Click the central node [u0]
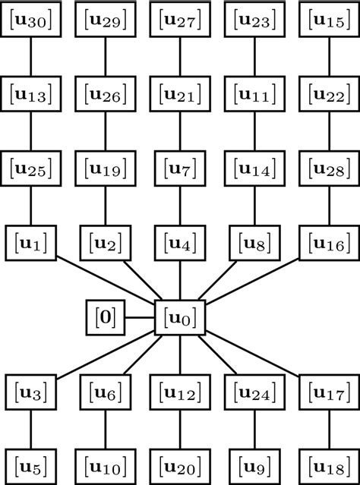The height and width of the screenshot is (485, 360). tap(180, 317)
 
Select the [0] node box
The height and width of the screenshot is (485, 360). tap(106, 317)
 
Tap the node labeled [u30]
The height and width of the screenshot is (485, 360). tap(30, 20)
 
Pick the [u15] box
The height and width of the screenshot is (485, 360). tap(330, 20)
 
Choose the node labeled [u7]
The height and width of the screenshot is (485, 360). tap(180, 168)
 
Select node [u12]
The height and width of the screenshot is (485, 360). tap(180, 392)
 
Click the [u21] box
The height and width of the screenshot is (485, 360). tap(180, 95)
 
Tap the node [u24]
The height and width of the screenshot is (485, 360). tap(254, 392)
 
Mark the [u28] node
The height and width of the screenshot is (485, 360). tap(330, 168)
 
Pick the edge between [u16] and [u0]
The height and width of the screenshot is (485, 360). tap(254, 280)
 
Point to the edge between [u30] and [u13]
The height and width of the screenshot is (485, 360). tap(30, 58)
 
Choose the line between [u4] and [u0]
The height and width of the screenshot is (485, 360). tap(180, 280)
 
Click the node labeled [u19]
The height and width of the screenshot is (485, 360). tap(105, 168)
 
